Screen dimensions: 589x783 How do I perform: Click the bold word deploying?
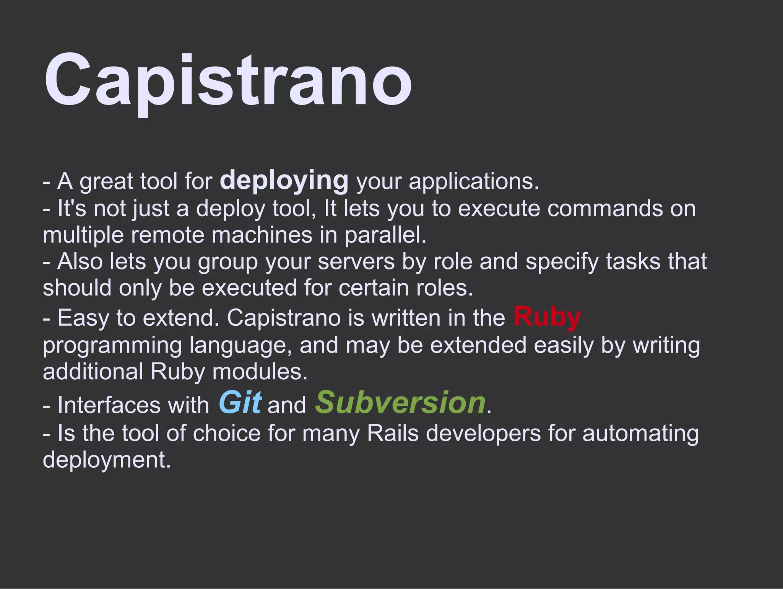coord(284,180)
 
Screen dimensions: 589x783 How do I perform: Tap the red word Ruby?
coord(547,317)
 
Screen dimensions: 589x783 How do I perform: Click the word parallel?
coord(385,235)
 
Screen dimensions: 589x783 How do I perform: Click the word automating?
coord(640,433)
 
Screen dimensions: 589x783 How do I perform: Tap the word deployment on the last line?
coord(106,460)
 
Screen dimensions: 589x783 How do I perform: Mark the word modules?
coord(260,372)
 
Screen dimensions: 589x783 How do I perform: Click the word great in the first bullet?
coord(106,182)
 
